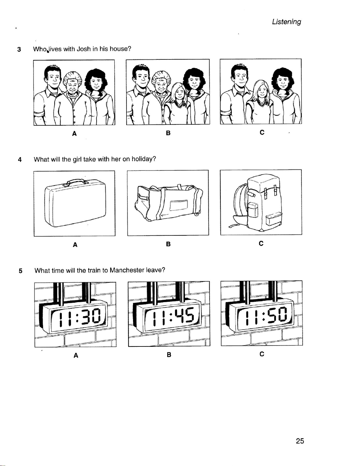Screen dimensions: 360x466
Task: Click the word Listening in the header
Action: pyautogui.click(x=286, y=22)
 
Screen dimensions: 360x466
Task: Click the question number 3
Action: pyautogui.click(x=19, y=50)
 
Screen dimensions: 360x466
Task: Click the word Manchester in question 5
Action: pyautogui.click(x=127, y=270)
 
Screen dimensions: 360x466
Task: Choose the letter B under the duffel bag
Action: pyautogui.click(x=168, y=244)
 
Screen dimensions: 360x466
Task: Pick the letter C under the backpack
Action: pyautogui.click(x=261, y=243)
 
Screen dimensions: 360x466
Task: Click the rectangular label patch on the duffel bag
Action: pyautogui.click(x=179, y=206)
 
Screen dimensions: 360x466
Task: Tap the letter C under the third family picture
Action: pyautogui.click(x=262, y=133)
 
